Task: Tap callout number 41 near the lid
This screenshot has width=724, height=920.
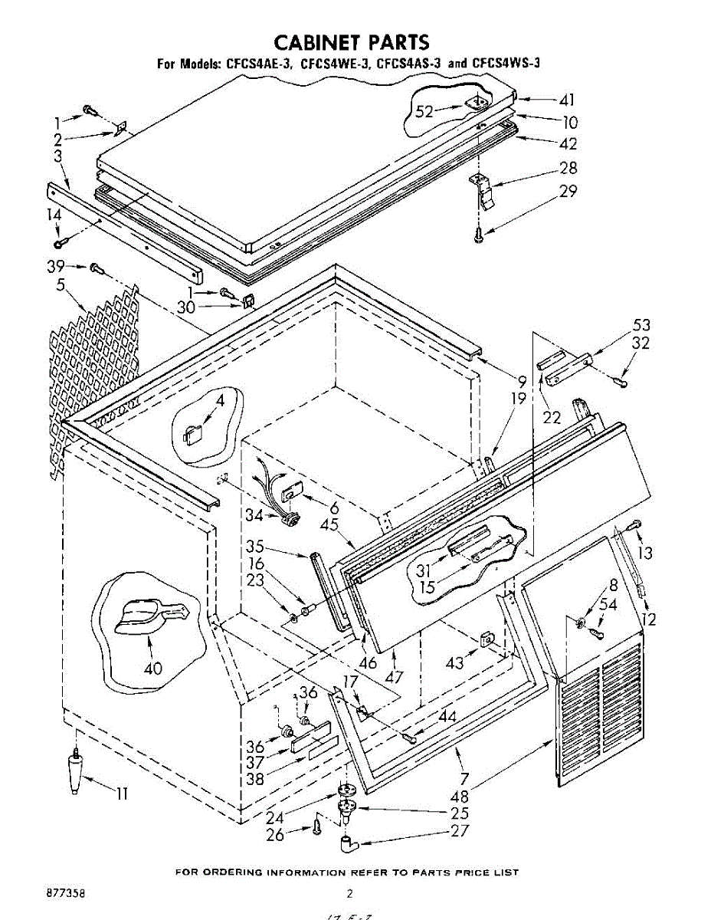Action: pos(566,100)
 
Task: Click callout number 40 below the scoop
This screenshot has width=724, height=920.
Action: pos(152,668)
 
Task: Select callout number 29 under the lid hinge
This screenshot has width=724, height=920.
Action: pos(568,192)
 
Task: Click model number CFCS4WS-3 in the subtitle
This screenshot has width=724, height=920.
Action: pos(506,64)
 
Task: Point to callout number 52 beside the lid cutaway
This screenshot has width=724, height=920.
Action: pos(424,112)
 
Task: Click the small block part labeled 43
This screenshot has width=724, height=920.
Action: pos(486,639)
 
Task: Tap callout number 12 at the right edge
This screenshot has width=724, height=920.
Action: pos(648,619)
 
